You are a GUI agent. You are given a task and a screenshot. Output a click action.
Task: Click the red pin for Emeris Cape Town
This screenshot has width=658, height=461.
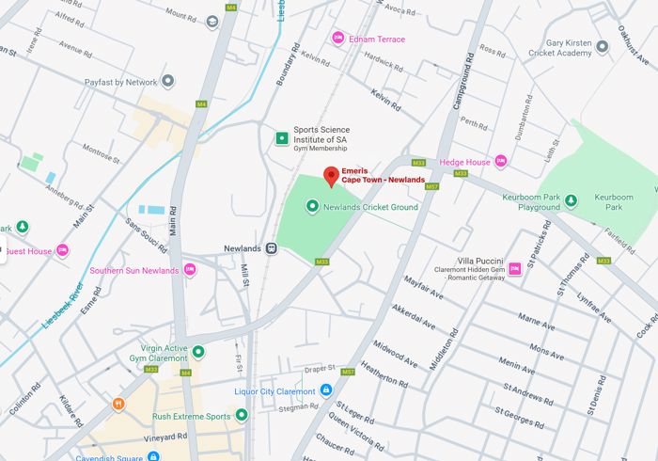[x=330, y=176]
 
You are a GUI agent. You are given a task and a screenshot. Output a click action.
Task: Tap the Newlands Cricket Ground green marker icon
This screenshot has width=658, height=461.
[x=313, y=206]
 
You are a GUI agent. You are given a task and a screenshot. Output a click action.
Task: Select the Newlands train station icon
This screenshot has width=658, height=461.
[x=271, y=248]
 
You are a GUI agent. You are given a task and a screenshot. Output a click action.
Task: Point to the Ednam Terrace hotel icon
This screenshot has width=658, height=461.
[x=338, y=39]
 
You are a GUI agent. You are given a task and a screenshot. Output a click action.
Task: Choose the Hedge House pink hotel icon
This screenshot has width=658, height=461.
[x=500, y=162]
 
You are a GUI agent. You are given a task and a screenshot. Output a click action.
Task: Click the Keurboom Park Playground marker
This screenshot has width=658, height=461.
[x=571, y=199]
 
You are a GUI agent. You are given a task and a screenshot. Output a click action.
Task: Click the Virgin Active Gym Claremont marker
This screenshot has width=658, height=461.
[x=198, y=352]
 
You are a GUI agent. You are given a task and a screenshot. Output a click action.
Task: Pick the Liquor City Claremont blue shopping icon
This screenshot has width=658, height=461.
[x=326, y=390]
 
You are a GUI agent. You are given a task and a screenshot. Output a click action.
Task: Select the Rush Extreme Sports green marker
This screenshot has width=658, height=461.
[x=242, y=415]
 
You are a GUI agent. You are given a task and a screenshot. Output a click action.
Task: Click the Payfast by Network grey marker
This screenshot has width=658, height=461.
[x=167, y=82]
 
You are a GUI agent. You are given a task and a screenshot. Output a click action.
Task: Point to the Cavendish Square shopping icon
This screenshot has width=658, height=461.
[x=153, y=457]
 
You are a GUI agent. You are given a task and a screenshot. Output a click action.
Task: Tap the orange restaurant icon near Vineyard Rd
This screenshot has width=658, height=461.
[x=119, y=405]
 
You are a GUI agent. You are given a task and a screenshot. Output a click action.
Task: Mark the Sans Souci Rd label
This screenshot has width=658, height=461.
[x=147, y=237]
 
